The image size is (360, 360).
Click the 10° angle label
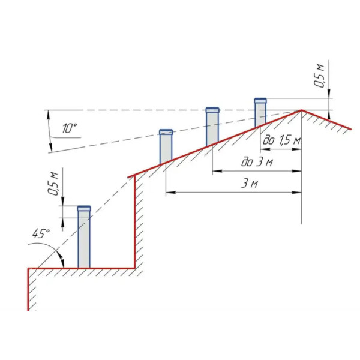click(69, 128)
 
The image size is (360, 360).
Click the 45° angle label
click(41, 233)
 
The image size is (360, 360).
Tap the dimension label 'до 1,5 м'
click(281, 140)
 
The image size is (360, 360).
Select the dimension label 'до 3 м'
click(257, 162)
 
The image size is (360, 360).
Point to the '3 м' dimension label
click(250, 184)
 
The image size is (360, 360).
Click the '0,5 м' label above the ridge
click(319, 76)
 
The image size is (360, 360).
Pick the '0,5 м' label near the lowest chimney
click(53, 184)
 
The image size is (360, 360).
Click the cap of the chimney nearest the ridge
click(260, 101)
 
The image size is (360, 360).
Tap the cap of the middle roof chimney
click(212, 110)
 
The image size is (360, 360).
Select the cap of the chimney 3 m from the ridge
click(166, 132)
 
